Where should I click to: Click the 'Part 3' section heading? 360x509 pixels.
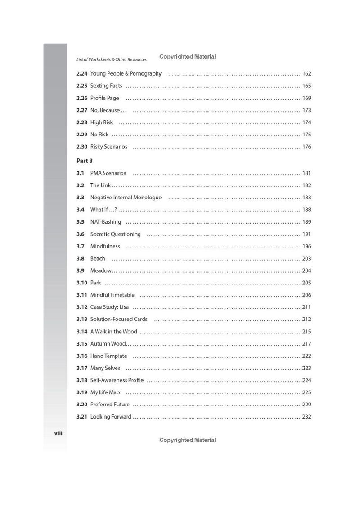pyautogui.click(x=84, y=160)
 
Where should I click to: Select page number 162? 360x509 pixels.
pyautogui.click(x=307, y=74)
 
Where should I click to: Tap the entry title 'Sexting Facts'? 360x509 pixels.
pyautogui.click(x=106, y=86)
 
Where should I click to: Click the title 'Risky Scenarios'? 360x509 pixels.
pyautogui.click(x=108, y=147)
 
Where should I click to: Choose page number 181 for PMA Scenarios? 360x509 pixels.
pyautogui.click(x=307, y=173)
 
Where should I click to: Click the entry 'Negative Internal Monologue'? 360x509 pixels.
pyautogui.click(x=126, y=198)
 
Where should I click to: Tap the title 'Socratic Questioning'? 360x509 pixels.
pyautogui.click(x=115, y=234)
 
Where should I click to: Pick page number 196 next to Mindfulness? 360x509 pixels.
pyautogui.click(x=307, y=246)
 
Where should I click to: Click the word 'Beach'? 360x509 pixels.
pyautogui.click(x=98, y=258)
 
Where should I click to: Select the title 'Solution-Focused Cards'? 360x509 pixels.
pyautogui.click(x=119, y=320)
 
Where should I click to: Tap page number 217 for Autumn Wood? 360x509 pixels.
pyautogui.click(x=307, y=344)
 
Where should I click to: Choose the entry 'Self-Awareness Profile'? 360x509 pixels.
pyautogui.click(x=117, y=380)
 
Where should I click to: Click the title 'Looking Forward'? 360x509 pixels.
pyautogui.click(x=111, y=417)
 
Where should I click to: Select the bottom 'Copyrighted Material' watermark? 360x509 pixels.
pyautogui.click(x=188, y=440)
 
